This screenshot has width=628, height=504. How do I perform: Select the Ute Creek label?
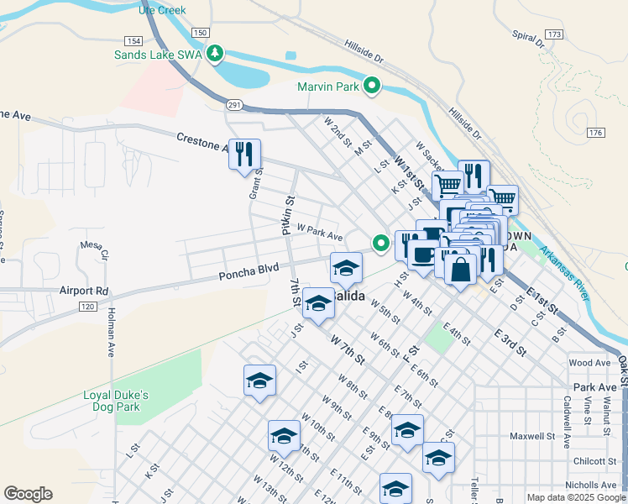[x=163, y=11]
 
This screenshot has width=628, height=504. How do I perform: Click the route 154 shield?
[x=133, y=41]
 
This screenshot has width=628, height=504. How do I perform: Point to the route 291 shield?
[x=234, y=104]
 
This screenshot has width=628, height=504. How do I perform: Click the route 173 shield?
[x=552, y=34]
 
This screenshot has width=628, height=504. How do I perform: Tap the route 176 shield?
[x=595, y=133]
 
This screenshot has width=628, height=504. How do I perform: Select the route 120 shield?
[x=86, y=308]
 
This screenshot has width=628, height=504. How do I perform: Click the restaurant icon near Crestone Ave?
[x=244, y=155]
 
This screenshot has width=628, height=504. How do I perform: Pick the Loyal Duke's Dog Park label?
[x=116, y=401]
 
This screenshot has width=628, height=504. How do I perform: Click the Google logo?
[x=28, y=494]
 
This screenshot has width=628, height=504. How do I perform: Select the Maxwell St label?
[x=533, y=436]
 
